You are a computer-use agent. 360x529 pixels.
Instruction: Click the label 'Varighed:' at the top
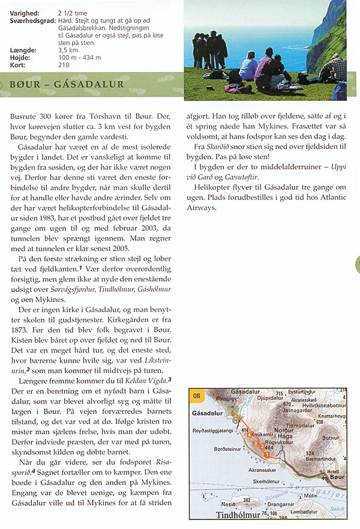[25, 12]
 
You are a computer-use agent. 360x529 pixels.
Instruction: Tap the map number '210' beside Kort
[64, 65]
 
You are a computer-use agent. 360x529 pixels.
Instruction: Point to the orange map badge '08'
[196, 395]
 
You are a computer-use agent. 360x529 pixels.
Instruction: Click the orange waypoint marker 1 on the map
[266, 455]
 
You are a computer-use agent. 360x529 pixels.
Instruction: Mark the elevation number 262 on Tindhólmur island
[247, 500]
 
